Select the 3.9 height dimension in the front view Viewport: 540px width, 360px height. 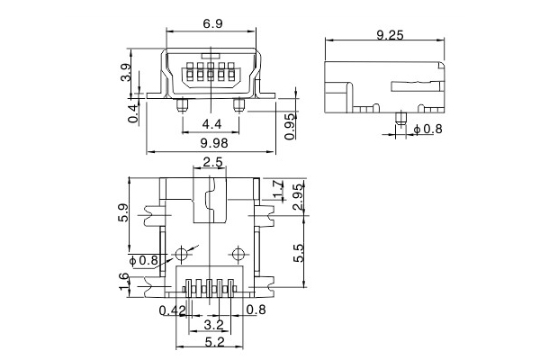click(x=126, y=72)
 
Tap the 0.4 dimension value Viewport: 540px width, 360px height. click(x=132, y=113)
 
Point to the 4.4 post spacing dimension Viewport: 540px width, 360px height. click(x=213, y=123)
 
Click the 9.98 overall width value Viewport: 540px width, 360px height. click(x=213, y=142)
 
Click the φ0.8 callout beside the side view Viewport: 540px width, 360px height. click(x=428, y=130)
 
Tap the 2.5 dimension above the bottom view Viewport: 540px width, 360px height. click(x=213, y=163)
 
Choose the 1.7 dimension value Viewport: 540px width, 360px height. click(x=278, y=189)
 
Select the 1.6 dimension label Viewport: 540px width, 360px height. click(x=124, y=285)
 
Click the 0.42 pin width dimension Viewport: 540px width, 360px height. click(x=171, y=311)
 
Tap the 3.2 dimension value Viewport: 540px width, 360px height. click(x=213, y=324)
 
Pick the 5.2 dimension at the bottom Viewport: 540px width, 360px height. click(x=213, y=342)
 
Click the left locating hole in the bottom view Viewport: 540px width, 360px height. click(x=184, y=251)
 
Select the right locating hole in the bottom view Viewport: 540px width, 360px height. click(x=238, y=251)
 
